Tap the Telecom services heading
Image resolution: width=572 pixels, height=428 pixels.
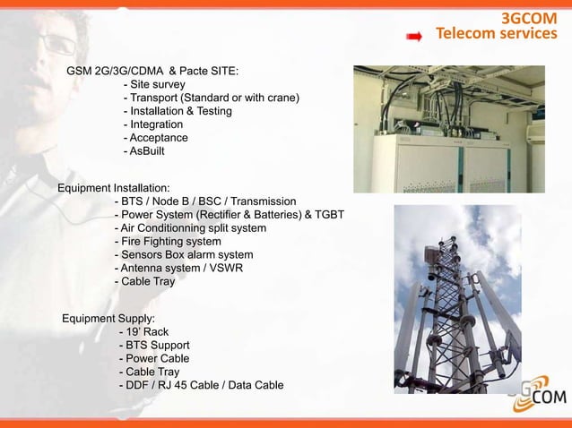pyautogui.click(x=496, y=35)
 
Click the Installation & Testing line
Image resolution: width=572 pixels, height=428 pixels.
pyautogui.click(x=178, y=111)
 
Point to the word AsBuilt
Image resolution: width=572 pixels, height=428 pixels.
pyautogui.click(x=146, y=151)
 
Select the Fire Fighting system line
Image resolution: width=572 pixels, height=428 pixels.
pyautogui.click(x=168, y=241)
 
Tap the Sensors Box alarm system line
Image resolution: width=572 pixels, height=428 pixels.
pyautogui.click(x=184, y=254)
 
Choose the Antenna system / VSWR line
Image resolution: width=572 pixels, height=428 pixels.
pyautogui.click(x=178, y=268)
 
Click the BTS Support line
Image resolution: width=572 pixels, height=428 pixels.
pyautogui.click(x=153, y=345)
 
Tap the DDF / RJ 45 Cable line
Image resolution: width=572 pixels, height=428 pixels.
pyautogui.click(x=201, y=385)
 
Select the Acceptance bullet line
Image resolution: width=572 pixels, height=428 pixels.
pyautogui.click(x=155, y=138)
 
